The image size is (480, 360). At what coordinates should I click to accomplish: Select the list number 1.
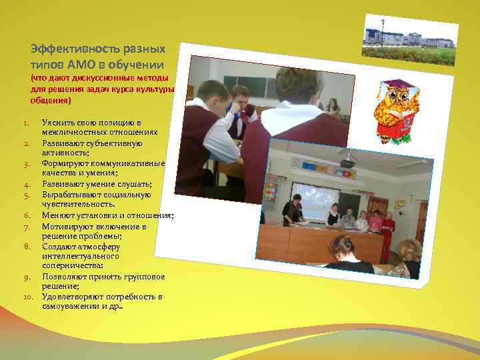[25, 123]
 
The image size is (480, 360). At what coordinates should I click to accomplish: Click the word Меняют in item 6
[55, 215]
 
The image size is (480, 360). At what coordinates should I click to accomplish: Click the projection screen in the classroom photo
[316, 198]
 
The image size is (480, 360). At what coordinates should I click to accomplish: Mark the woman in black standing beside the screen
[291, 211]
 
